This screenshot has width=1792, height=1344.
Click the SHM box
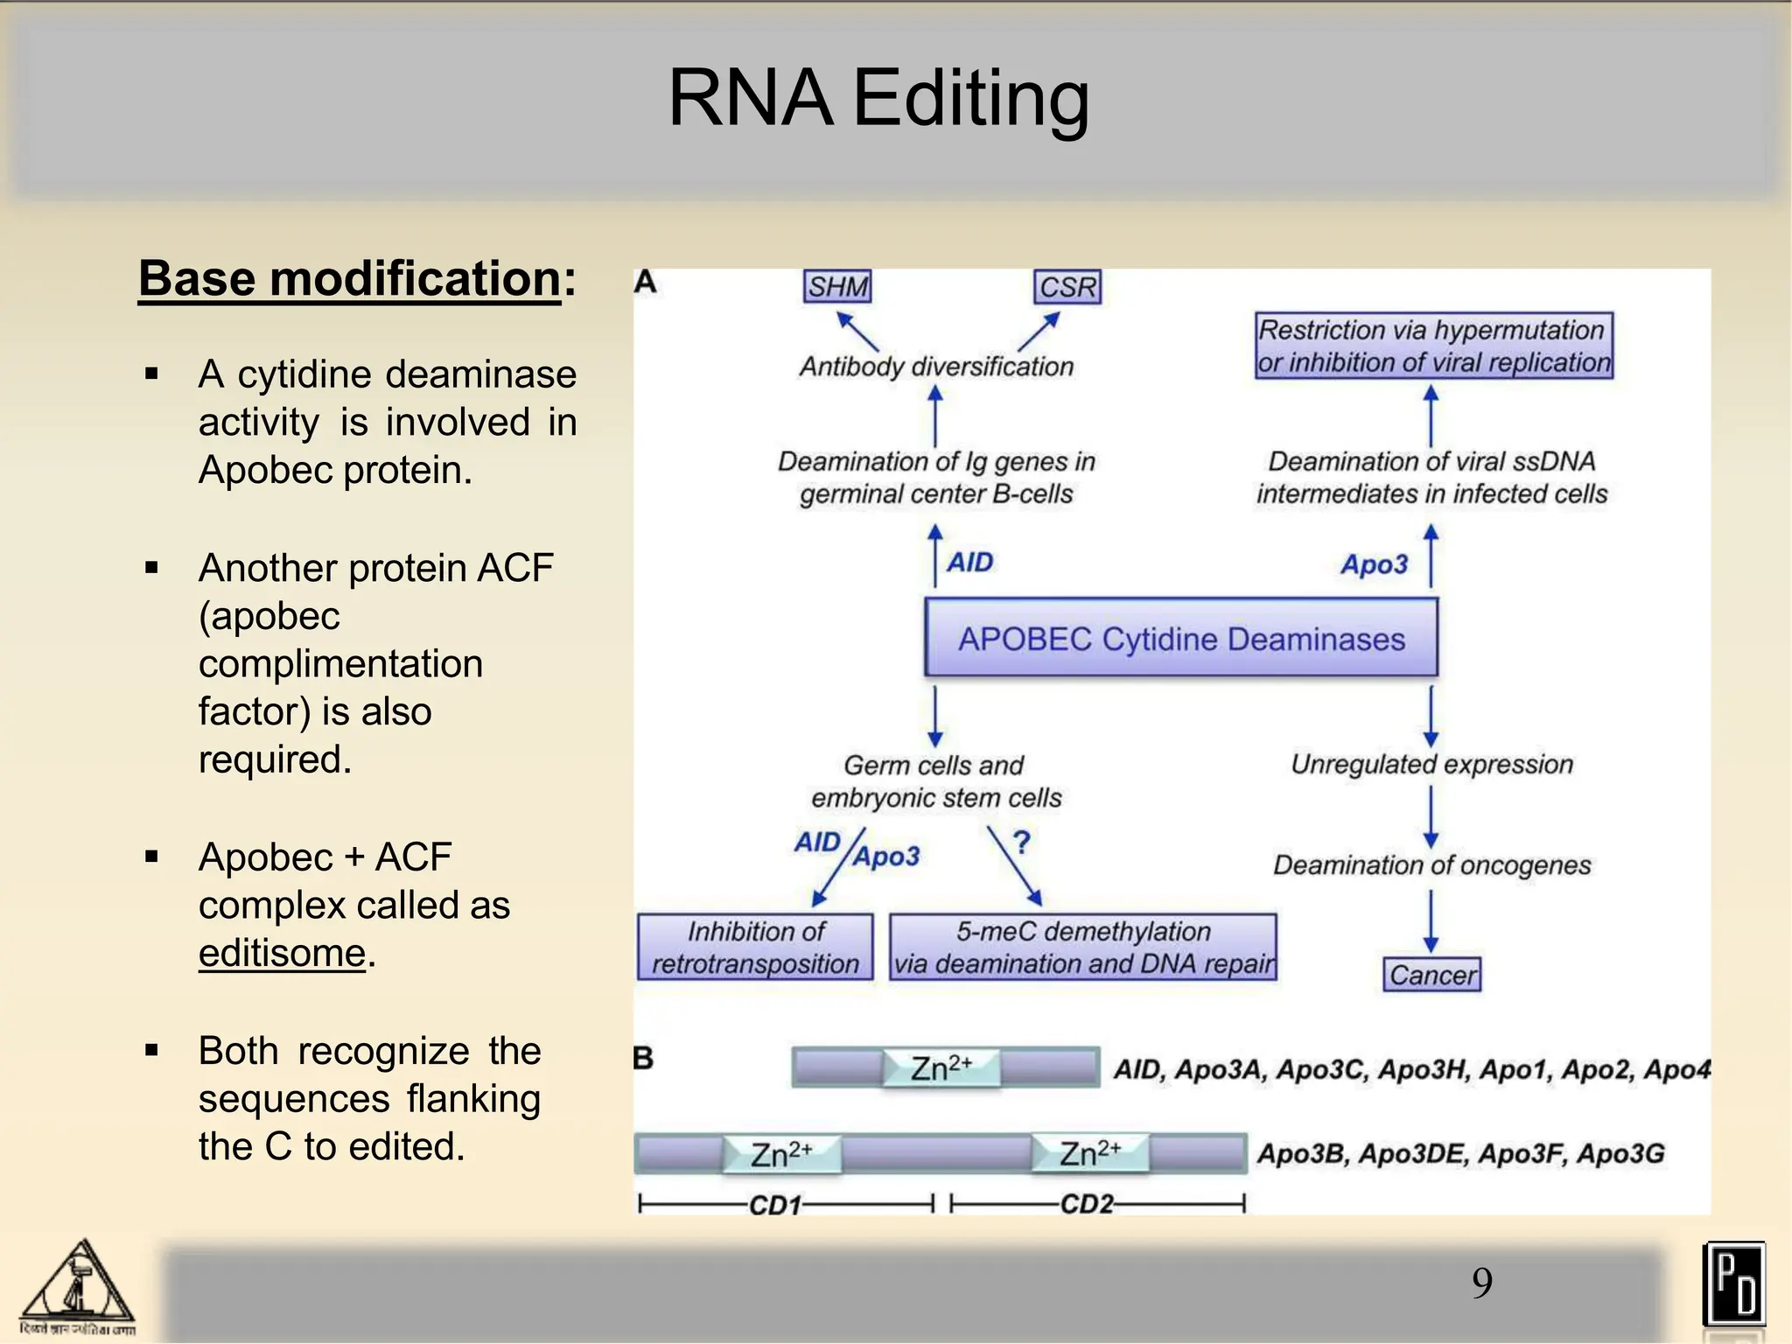coord(837,286)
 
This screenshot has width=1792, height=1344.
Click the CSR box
coord(1067,287)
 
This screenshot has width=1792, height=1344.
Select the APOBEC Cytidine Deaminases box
coord(1181,638)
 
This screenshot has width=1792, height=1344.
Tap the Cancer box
coord(1431,974)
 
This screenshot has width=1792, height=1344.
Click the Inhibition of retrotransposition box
coord(755,947)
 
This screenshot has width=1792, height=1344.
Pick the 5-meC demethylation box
coord(1082,947)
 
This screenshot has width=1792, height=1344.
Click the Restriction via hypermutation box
coord(1433,346)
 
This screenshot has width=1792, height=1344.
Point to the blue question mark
coord(1021,842)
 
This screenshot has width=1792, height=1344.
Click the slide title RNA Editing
coord(878,98)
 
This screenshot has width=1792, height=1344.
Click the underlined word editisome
coord(281,952)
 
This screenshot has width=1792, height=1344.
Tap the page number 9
coord(1481,1283)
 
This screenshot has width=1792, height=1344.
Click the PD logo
coord(1733,1284)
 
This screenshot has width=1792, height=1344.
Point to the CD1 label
coord(775,1205)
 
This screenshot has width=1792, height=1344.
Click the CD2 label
coord(1087,1204)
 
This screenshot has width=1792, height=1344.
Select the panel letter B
coord(643,1058)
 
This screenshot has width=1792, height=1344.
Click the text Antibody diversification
coord(936,366)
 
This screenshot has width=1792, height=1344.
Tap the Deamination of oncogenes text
coord(1431,864)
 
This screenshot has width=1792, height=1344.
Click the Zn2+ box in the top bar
coord(941,1067)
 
